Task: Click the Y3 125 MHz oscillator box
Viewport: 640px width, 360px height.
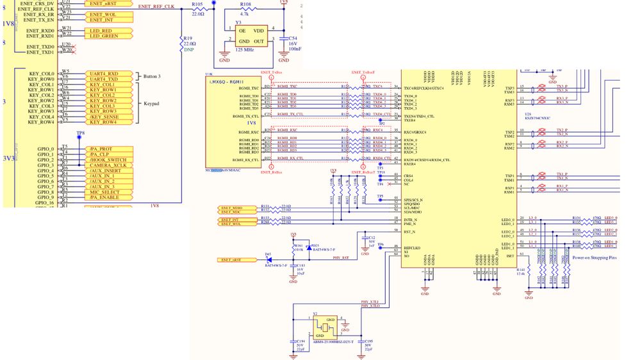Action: tap(250, 36)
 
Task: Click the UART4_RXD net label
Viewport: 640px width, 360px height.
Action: tap(103, 73)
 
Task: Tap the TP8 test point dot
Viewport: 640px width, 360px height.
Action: tap(79, 138)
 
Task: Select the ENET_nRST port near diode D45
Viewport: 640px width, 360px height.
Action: tap(231, 259)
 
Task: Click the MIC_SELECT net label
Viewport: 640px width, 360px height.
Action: tap(105, 192)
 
